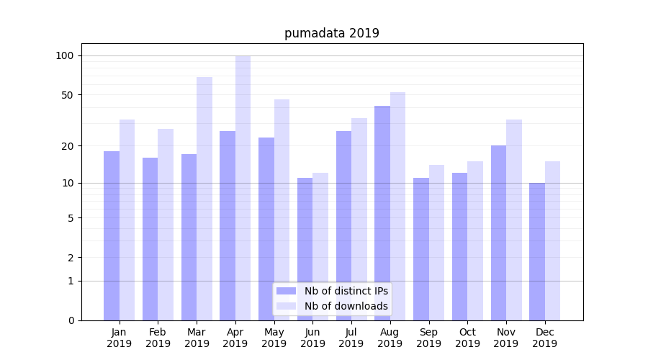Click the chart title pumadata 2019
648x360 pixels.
(331, 33)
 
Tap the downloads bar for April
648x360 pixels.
(243, 188)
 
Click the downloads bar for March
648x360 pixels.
(204, 199)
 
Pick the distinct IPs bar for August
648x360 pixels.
(382, 213)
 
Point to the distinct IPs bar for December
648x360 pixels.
(537, 251)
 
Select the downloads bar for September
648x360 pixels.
(436, 243)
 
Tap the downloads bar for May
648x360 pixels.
(282, 210)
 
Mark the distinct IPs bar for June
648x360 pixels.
(305, 249)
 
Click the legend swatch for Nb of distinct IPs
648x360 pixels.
(287, 291)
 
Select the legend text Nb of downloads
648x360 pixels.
(346, 306)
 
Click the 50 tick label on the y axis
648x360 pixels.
(68, 95)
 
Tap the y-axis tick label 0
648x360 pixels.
(71, 320)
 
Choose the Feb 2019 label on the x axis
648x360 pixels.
(158, 338)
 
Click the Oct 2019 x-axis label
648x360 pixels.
(467, 338)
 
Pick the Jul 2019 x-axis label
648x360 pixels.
(351, 338)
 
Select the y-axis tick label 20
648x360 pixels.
(68, 146)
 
